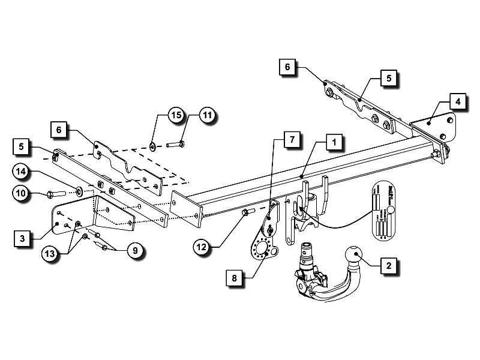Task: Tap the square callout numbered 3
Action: coord(22,239)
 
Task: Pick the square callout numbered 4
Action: coord(458,101)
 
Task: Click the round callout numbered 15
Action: coord(175,115)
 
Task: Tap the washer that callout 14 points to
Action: coord(79,193)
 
